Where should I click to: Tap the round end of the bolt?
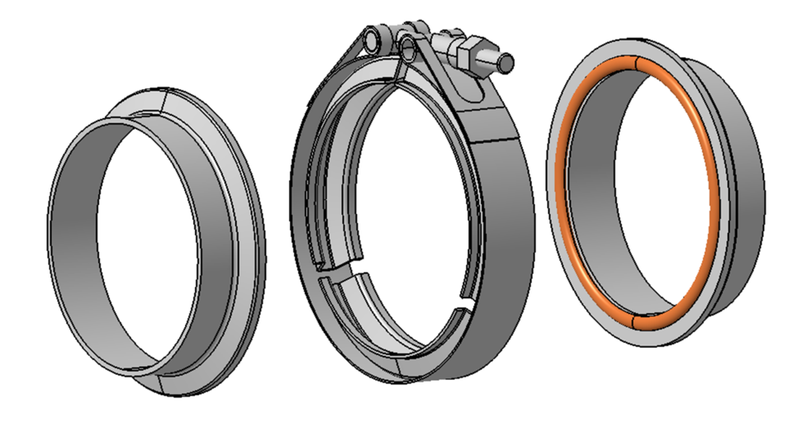507,63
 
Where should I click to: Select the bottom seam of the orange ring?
632,317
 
